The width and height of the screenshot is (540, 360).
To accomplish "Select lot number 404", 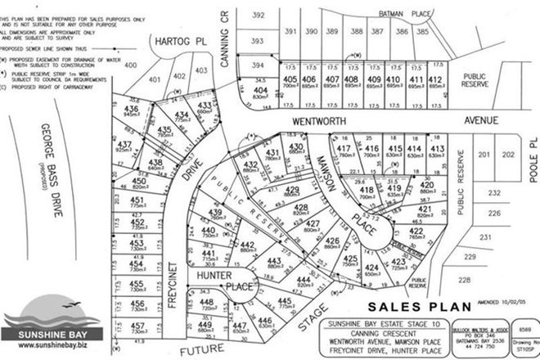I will pyautogui.click(x=260, y=90).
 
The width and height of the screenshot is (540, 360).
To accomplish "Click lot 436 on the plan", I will pyautogui.click(x=131, y=110).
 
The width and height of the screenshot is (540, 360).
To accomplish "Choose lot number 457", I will pyautogui.click(x=137, y=326).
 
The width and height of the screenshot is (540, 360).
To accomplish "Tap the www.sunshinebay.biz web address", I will pyautogui.click(x=49, y=347).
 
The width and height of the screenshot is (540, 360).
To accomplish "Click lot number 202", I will pyautogui.click(x=508, y=155).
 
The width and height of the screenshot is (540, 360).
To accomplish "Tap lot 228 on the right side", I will pyautogui.click(x=465, y=279).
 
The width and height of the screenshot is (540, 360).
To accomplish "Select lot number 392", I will pyautogui.click(x=259, y=16).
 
